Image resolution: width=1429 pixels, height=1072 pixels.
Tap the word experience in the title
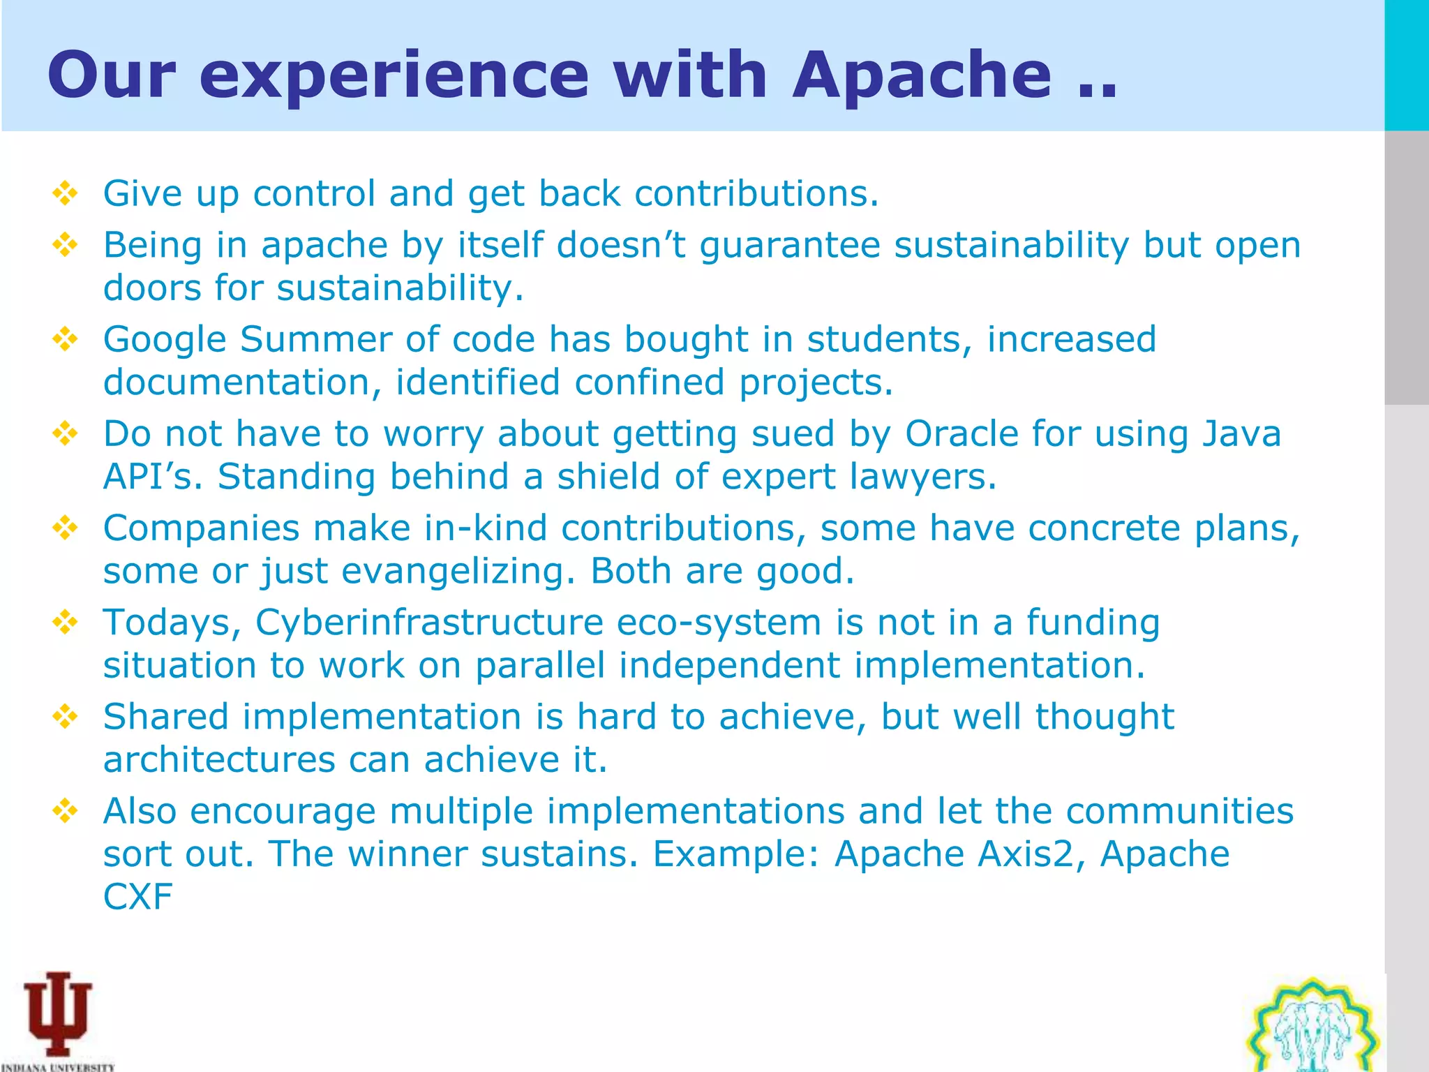click(x=394, y=77)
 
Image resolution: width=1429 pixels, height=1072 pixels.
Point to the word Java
click(x=1242, y=433)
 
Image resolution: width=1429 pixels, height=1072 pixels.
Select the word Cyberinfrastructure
click(x=429, y=622)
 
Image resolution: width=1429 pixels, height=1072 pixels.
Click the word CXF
click(x=137, y=897)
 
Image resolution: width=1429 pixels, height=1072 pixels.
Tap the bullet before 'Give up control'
click(x=65, y=193)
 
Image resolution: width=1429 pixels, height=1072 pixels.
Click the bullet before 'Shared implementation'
click(x=65, y=717)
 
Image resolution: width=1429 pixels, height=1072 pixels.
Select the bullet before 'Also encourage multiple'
click(x=65, y=811)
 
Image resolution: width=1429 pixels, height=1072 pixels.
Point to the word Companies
click(x=201, y=528)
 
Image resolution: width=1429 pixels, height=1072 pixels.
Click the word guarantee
click(x=790, y=246)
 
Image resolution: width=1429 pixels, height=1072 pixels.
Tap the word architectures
click(x=219, y=759)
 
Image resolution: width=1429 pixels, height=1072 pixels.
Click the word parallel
click(x=539, y=665)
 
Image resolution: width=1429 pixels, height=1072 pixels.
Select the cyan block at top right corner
click(x=1407, y=65)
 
